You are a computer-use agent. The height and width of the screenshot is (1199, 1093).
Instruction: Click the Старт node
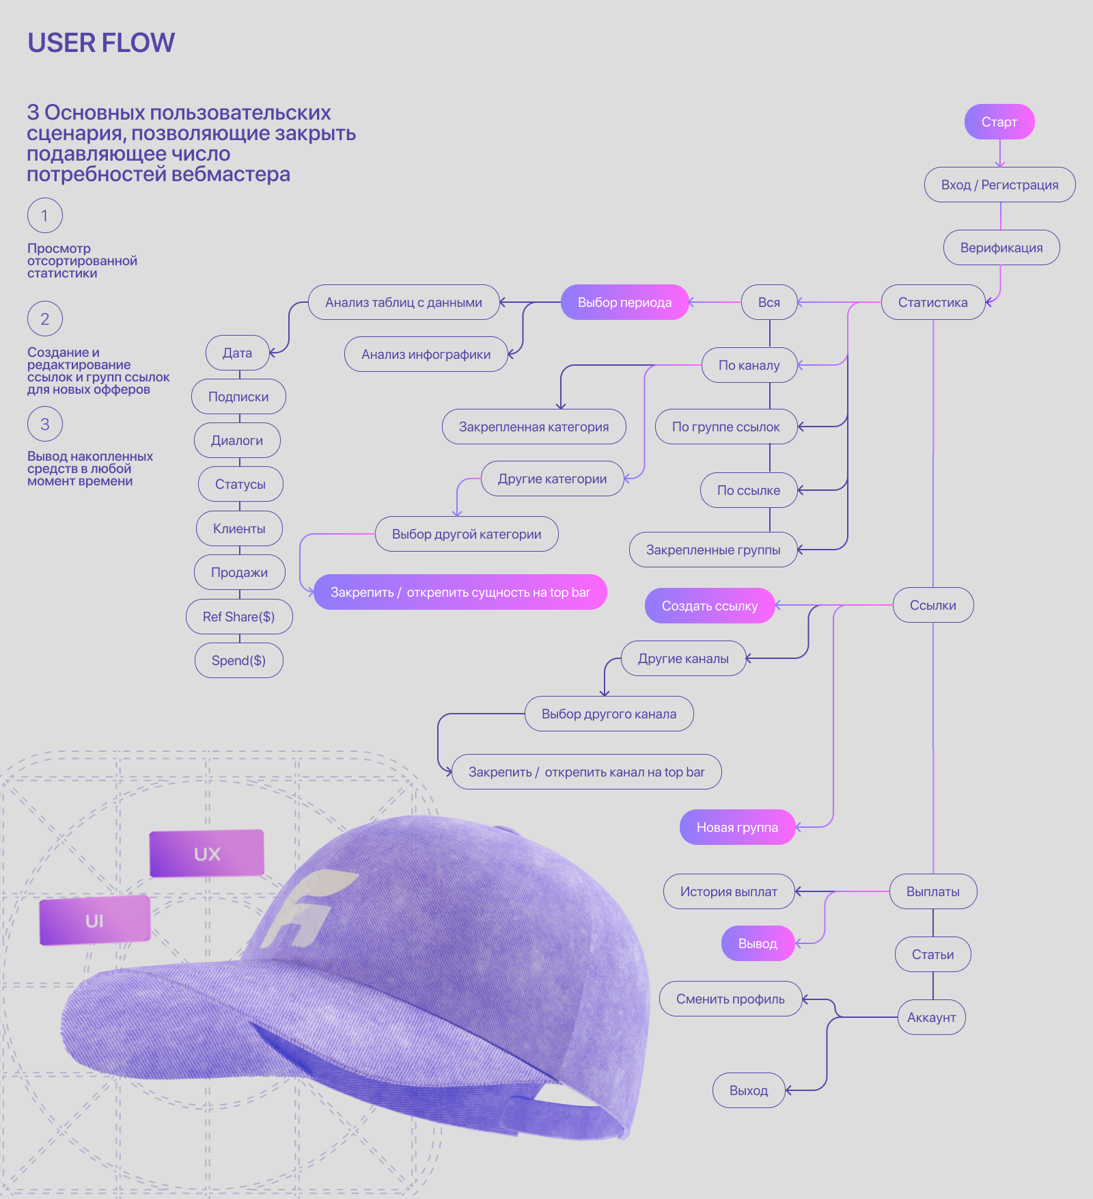coord(999,122)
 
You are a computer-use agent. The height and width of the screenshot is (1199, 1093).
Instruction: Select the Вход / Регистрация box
coord(999,185)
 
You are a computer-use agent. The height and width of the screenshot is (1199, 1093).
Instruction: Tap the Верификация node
coord(1001,247)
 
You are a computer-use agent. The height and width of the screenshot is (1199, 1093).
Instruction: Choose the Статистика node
coord(932,302)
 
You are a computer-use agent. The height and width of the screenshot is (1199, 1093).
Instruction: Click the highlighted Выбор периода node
coord(624,302)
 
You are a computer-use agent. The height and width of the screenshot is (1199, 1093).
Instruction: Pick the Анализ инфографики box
coord(426,354)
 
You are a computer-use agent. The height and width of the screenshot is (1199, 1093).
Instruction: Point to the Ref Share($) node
coord(238,617)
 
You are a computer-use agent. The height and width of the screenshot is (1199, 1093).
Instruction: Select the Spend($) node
coord(238,660)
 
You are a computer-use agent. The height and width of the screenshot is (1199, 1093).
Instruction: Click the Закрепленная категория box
coord(534,427)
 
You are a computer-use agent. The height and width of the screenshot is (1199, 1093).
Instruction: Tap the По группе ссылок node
coord(725,427)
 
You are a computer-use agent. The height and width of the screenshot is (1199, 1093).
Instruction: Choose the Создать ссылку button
coord(709,606)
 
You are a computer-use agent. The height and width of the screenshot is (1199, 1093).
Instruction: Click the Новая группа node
coord(737,827)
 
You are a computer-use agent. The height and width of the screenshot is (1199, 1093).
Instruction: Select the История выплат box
coord(728,891)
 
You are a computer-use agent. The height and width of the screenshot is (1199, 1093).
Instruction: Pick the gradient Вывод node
coord(758,943)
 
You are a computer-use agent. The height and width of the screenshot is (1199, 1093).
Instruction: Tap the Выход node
coord(748,1090)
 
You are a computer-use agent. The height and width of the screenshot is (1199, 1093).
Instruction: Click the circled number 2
coord(45,319)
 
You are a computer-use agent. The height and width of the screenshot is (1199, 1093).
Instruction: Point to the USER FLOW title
coord(101,42)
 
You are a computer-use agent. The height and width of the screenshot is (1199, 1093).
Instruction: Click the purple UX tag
coord(207,853)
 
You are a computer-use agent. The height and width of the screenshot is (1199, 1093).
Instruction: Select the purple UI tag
coord(94,920)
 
